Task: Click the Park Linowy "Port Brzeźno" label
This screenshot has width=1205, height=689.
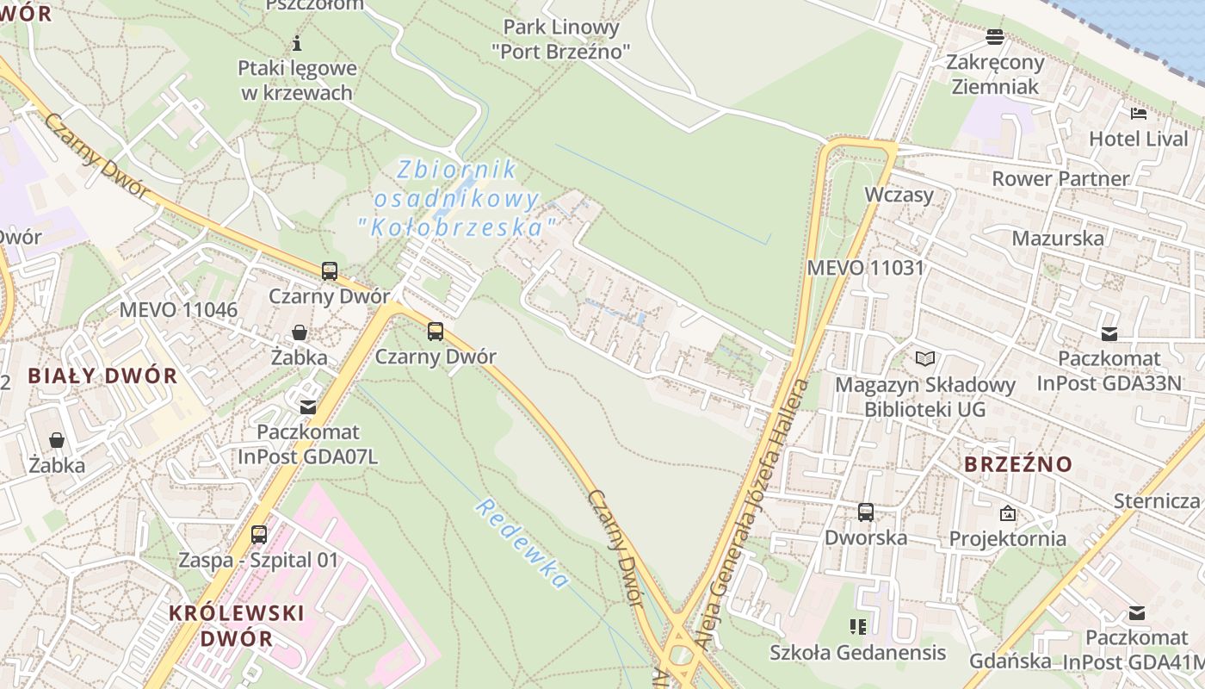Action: tap(561, 40)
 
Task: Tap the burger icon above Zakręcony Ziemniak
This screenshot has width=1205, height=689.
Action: tap(995, 37)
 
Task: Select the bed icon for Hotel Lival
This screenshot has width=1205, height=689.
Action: tap(1138, 114)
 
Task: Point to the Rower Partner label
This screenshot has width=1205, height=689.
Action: tap(1060, 178)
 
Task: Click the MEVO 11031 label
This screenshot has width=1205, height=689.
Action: tap(865, 268)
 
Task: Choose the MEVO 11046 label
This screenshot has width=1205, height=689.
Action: tap(178, 310)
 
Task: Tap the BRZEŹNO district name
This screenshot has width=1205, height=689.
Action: tap(1018, 464)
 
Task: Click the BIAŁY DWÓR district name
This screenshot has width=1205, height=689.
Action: tap(102, 376)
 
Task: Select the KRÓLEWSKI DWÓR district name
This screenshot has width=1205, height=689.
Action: tap(237, 626)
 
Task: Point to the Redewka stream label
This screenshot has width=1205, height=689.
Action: tap(522, 543)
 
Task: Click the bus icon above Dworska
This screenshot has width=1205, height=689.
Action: tap(866, 512)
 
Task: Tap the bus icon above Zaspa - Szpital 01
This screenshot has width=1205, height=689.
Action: tap(259, 535)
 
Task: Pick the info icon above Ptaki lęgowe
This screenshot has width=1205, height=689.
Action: tap(298, 43)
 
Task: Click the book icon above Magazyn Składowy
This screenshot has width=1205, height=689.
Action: tap(925, 358)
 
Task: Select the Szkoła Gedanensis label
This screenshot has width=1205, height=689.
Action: tap(858, 652)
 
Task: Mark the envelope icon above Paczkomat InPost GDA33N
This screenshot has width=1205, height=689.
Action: tap(1109, 334)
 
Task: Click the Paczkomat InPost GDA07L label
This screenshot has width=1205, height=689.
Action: tap(308, 444)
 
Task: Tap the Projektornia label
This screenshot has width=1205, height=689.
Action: tap(1007, 538)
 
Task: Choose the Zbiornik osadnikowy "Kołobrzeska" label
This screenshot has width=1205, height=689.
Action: tap(456, 199)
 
